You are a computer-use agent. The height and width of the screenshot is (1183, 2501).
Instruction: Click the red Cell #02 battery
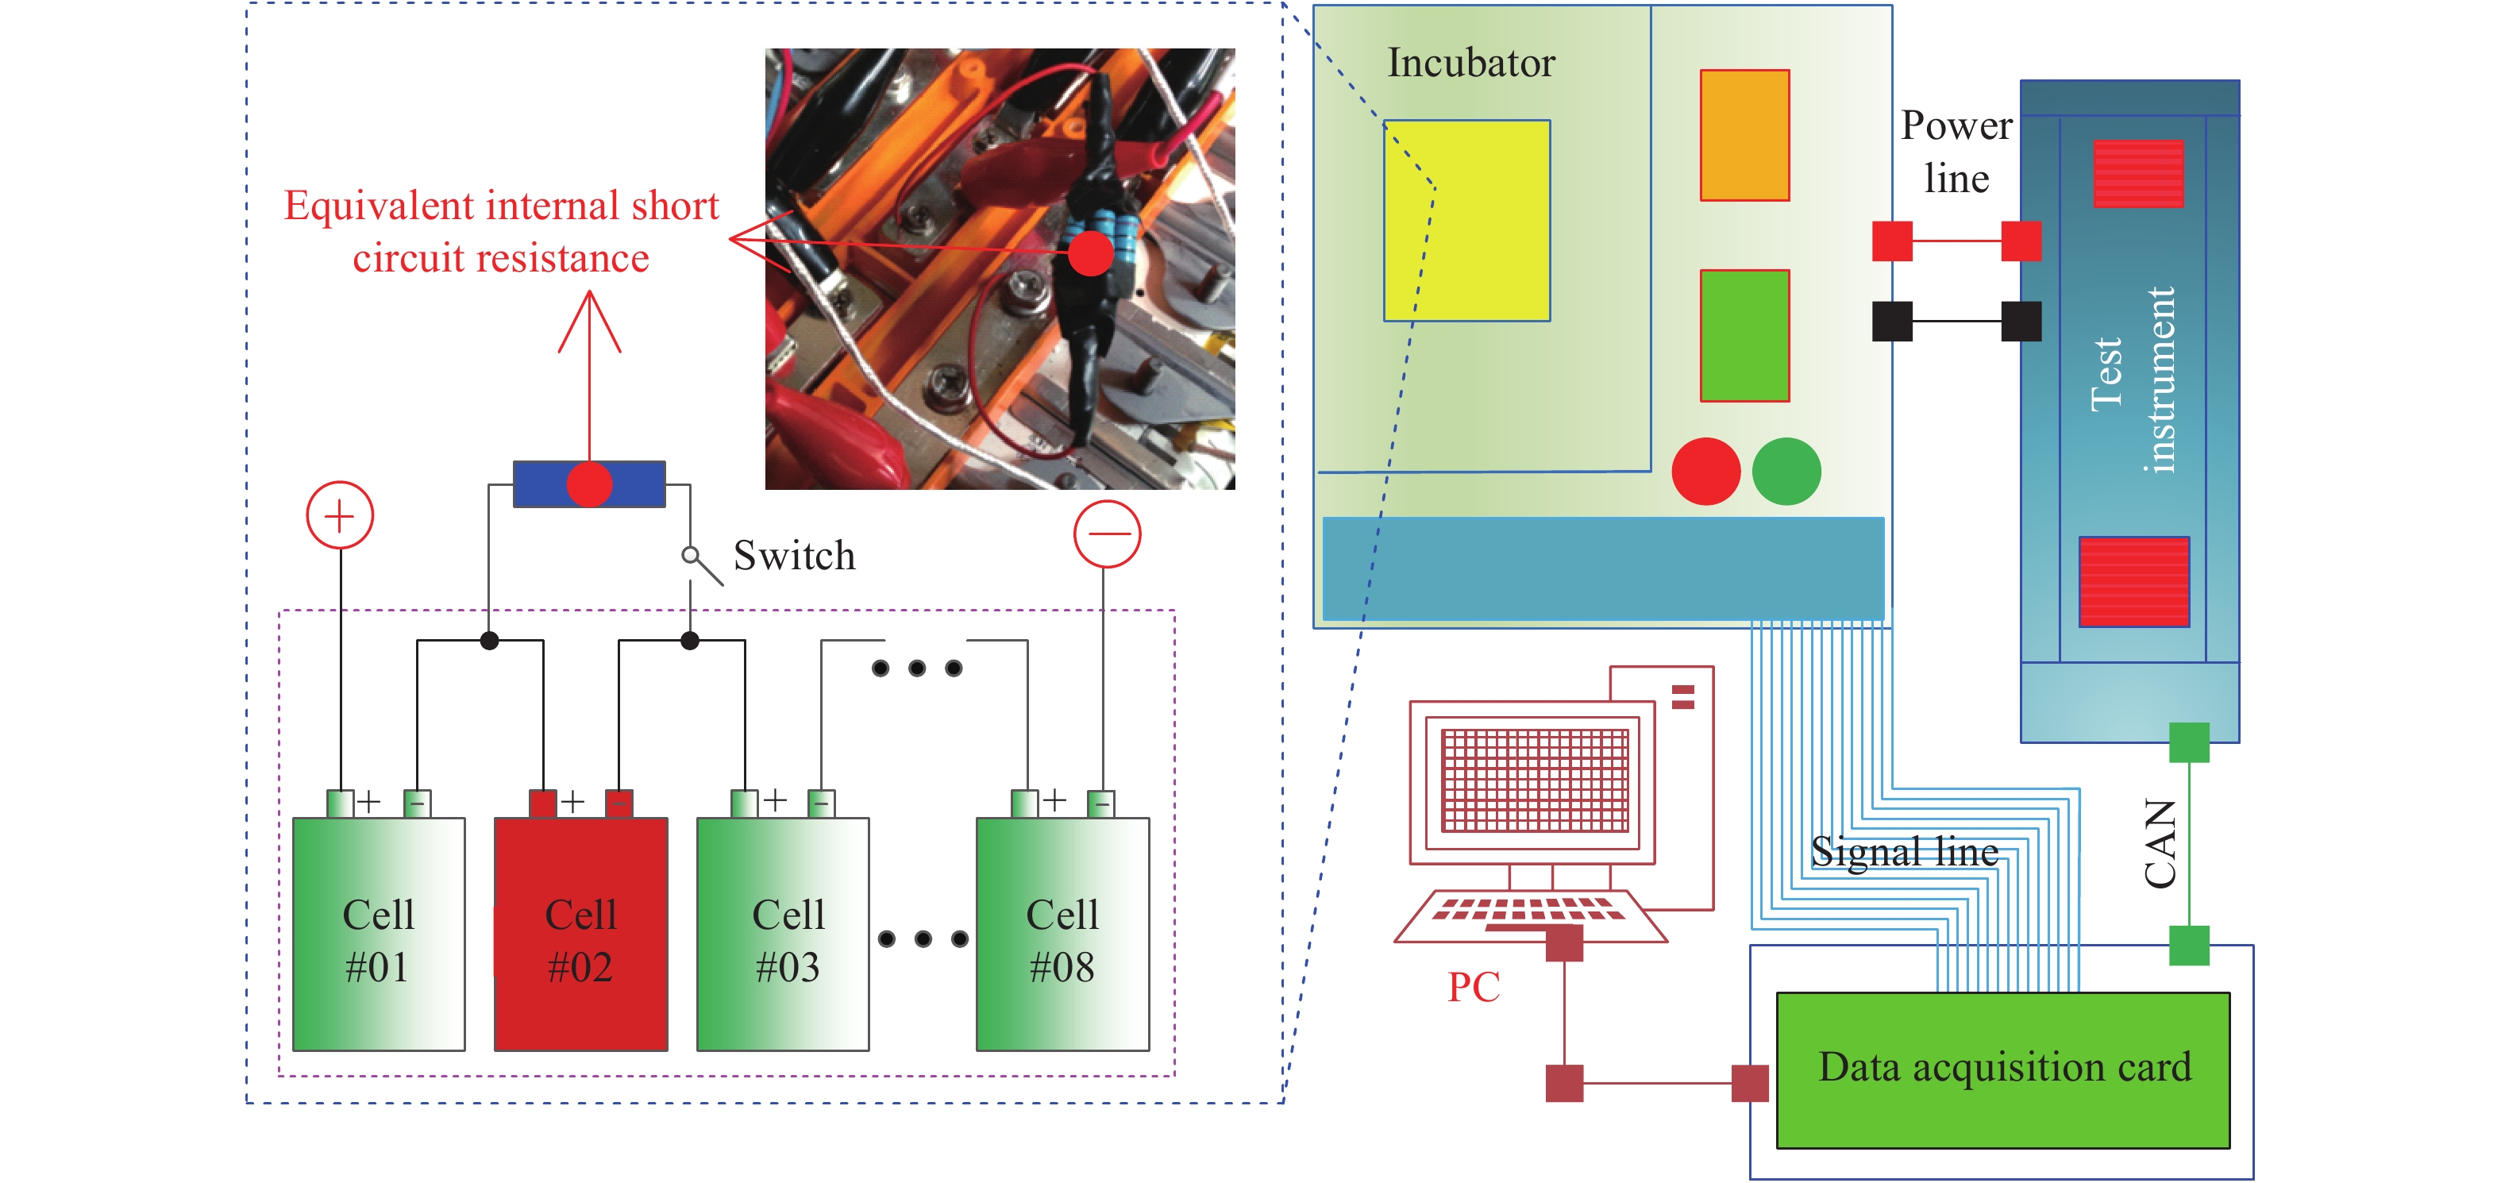(x=580, y=934)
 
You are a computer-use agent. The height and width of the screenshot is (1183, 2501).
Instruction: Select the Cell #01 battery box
(x=379, y=934)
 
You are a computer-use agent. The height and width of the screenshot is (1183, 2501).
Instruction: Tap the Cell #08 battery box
(x=1062, y=934)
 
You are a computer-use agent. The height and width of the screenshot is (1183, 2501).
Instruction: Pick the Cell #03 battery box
(x=783, y=934)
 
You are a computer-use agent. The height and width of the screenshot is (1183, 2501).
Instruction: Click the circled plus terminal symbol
(x=340, y=514)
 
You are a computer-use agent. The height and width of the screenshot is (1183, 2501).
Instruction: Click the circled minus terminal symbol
(x=1107, y=534)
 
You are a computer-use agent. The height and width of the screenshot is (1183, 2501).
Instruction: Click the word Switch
(x=794, y=556)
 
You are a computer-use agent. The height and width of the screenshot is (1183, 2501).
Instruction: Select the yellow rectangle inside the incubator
(x=1466, y=221)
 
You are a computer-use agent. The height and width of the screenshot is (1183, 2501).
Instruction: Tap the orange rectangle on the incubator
(x=1744, y=135)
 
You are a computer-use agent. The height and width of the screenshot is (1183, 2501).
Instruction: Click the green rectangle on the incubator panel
(x=1744, y=335)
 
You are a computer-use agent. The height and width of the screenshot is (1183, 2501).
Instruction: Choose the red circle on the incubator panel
(x=1706, y=471)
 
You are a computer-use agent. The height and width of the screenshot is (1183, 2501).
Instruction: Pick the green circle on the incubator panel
(x=1786, y=471)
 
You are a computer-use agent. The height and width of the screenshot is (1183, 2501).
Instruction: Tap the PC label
(x=1473, y=987)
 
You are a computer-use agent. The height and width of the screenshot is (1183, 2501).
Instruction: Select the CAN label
(x=2160, y=843)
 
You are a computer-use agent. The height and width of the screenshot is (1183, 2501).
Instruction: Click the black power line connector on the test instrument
(x=2021, y=322)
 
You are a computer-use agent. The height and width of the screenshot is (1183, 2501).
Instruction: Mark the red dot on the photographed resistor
(x=1090, y=253)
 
